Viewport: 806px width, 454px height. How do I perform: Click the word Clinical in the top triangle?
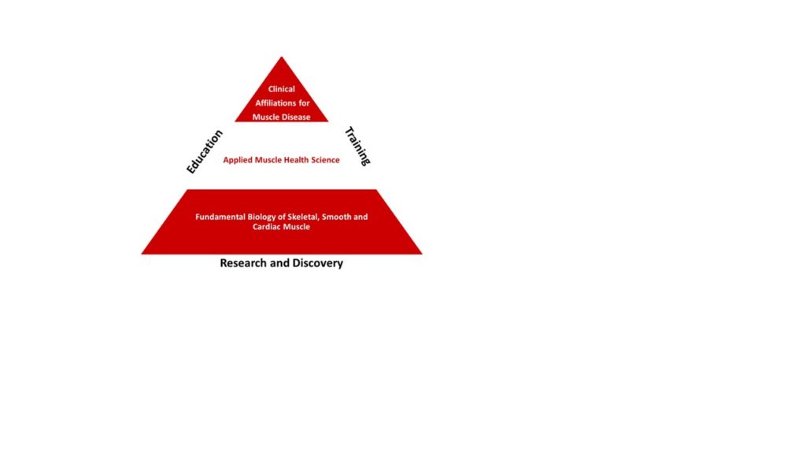coord(281,89)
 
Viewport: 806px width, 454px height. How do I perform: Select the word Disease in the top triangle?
coord(295,117)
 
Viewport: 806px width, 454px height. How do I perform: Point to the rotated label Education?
coord(204,152)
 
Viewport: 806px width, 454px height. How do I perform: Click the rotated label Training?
coord(357,146)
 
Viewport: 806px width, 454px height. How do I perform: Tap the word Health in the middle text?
coord(296,159)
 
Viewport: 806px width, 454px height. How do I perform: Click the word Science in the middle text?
coord(325,159)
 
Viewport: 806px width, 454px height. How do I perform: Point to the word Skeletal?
coord(302,217)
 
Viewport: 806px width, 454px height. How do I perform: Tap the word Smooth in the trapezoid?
coord(336,217)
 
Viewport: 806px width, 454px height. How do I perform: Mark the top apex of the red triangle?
coord(282,57)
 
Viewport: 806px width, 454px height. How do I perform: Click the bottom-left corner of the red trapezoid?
coord(142,254)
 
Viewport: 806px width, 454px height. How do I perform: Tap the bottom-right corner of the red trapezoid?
coord(422,254)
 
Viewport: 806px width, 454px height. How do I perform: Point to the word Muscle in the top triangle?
coord(265,117)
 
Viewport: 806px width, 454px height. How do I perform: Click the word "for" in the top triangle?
coord(305,103)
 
